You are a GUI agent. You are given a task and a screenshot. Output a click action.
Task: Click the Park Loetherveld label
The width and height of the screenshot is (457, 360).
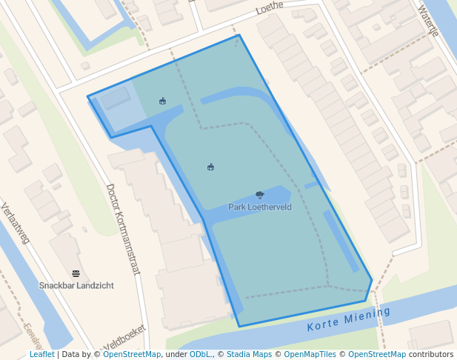pyautogui.click(x=260, y=207)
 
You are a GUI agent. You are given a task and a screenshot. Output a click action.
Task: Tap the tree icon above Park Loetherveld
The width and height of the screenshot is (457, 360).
pyautogui.click(x=260, y=195)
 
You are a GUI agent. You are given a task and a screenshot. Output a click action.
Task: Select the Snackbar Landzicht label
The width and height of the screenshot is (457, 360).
pyautogui.click(x=76, y=285)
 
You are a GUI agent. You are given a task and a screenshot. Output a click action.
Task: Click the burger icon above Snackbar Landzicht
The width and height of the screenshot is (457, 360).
pyautogui.click(x=76, y=273)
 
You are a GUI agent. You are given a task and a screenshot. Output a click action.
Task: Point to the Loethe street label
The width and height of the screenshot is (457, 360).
pyautogui.click(x=270, y=9)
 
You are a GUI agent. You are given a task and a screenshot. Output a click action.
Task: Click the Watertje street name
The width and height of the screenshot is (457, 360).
pyautogui.click(x=428, y=21)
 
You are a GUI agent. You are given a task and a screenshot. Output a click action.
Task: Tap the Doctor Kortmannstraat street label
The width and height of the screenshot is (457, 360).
pyautogui.click(x=123, y=229)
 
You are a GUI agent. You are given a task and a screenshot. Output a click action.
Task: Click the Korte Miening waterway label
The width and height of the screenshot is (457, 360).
pyautogui.click(x=348, y=319)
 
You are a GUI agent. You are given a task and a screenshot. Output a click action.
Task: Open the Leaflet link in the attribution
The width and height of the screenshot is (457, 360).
pyautogui.click(x=41, y=355)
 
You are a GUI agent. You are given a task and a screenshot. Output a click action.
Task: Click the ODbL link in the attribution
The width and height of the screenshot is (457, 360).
pyautogui.click(x=201, y=355)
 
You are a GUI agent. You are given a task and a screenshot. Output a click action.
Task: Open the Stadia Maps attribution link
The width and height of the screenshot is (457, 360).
pyautogui.click(x=249, y=355)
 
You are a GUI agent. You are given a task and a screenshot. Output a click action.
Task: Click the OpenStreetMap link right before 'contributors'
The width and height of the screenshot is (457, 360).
pyautogui.click(x=377, y=355)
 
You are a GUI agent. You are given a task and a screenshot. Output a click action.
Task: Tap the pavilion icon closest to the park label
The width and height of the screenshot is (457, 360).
pyautogui.click(x=210, y=167)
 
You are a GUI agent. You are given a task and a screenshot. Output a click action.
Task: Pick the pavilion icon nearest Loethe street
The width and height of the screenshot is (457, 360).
pyautogui.click(x=162, y=101)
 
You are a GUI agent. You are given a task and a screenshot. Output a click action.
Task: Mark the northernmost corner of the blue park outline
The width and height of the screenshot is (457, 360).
pyautogui.click(x=239, y=35)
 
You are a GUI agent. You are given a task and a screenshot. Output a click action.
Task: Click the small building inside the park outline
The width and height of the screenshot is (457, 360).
pyautogui.click(x=115, y=99)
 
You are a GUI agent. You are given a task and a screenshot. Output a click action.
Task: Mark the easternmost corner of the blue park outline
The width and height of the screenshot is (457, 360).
pyautogui.click(x=372, y=280)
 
